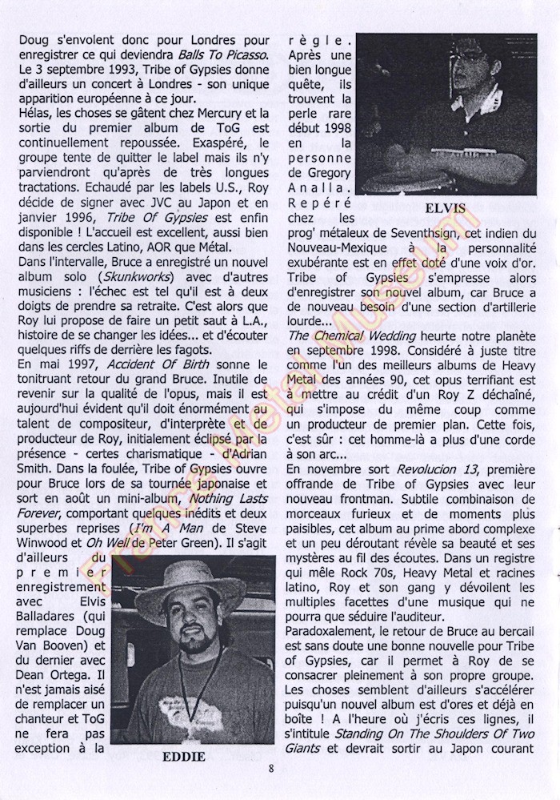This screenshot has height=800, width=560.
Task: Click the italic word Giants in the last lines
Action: point(310,748)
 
